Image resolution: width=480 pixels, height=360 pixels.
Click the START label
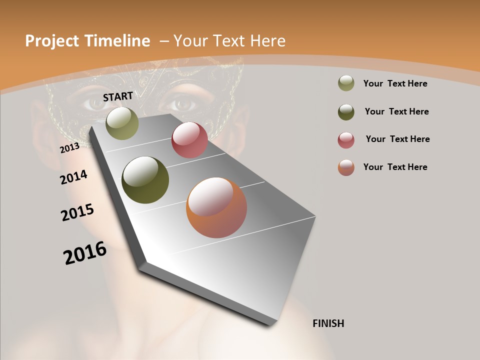118,96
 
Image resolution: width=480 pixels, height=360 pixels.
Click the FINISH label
328,323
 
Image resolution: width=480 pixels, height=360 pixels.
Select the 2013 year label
69,148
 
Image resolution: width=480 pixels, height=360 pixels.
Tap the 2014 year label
73,177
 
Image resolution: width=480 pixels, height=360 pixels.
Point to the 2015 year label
77,212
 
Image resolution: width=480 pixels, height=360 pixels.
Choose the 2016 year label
85,253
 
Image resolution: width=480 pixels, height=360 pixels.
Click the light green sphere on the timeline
122,123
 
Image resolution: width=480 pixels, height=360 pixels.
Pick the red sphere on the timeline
189,140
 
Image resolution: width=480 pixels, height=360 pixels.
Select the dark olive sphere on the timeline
145,180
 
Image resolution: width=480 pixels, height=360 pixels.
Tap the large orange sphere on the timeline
216,207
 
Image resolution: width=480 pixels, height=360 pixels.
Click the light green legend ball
346,83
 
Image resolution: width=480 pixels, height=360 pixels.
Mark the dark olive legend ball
346,112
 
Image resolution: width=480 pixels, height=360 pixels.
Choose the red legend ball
346,140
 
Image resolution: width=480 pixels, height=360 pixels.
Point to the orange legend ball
346,167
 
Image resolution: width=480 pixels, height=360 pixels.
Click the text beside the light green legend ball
395,83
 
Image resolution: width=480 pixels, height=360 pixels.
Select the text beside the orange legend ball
395,167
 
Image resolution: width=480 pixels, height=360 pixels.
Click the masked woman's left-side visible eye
94,103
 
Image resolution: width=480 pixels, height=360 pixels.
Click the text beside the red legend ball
397,139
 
